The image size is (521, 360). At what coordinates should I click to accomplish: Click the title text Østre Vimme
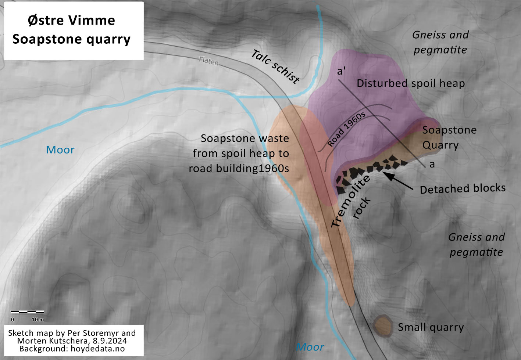71,20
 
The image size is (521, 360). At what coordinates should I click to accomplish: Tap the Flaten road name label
209,61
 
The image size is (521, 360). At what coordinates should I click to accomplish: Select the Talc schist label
275,66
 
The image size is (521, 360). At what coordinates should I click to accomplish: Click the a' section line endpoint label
341,71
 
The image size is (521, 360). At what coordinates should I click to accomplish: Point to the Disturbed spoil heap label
411,83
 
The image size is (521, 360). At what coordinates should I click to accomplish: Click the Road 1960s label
346,129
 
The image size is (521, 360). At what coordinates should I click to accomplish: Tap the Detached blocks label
463,189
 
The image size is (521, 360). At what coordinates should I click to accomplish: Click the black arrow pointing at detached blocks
401,181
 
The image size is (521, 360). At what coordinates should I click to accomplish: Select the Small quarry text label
431,327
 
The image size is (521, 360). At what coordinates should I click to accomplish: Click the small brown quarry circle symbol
383,325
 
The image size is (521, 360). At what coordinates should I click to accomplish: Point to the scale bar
27,312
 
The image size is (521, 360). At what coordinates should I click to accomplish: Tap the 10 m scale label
38,320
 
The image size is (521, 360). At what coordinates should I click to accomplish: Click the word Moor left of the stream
60,150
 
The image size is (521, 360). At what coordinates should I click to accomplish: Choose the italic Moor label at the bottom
310,347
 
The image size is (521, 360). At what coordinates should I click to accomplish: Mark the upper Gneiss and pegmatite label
440,42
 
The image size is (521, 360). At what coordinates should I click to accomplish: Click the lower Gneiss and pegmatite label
477,245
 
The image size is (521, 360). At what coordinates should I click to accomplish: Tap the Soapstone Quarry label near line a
449,137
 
